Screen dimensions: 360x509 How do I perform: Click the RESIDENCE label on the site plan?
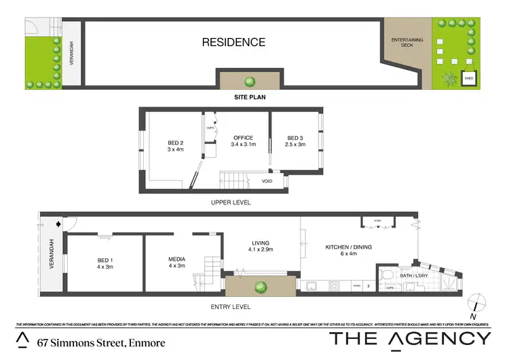pos(233,42)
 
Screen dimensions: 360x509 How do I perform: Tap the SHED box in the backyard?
pos(468,79)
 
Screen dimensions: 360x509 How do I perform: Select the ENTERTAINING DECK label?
pos(407,43)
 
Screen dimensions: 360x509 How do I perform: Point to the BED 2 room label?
pos(176,146)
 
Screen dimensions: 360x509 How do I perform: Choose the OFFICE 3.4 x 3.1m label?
pos(243,141)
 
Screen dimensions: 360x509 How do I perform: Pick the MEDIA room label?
pos(177,262)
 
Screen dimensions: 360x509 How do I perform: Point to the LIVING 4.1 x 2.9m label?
pos(260,246)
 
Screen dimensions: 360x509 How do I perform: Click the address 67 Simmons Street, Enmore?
pos(100,342)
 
